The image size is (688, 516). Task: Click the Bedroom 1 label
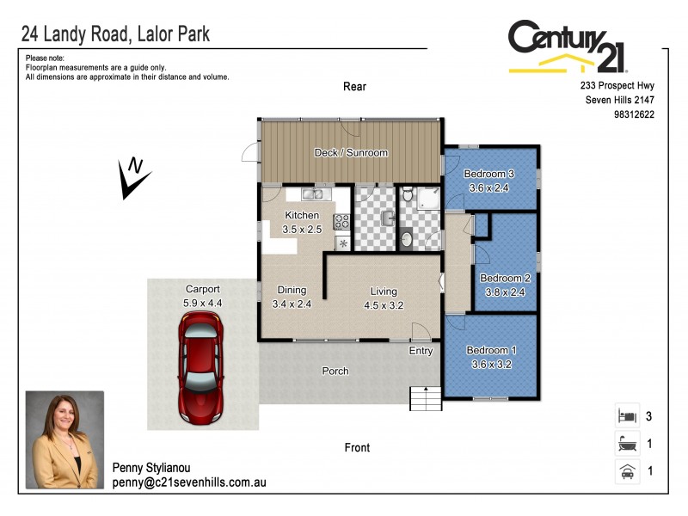[x=491, y=350]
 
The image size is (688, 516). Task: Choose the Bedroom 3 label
[x=488, y=174]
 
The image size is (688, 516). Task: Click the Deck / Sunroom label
[x=351, y=153]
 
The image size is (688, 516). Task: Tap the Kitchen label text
[x=302, y=215]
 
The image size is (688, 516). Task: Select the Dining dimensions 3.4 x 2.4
[x=291, y=304]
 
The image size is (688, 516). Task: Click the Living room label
[x=384, y=291]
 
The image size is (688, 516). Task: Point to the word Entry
[x=421, y=350]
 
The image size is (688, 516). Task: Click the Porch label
[x=335, y=372]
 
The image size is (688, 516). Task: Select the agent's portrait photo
[x=64, y=441]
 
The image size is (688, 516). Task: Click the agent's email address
[x=189, y=482]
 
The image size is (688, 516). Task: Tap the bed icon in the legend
[x=626, y=417]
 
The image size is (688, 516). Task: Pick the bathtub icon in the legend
[x=626, y=445]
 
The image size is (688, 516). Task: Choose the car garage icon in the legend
[x=626, y=472]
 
